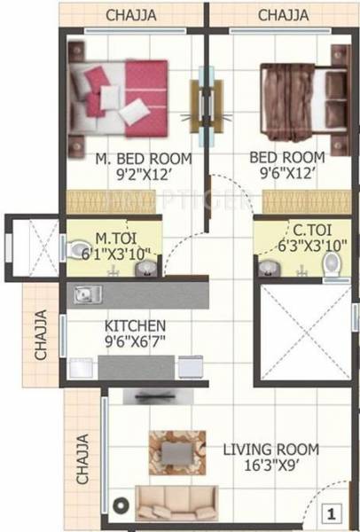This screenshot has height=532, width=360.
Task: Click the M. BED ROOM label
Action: (x=136, y=159)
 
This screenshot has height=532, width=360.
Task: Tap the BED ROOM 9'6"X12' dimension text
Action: (x=286, y=174)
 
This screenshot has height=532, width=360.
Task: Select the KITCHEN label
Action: (x=135, y=325)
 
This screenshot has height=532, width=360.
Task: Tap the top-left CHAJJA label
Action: (x=133, y=15)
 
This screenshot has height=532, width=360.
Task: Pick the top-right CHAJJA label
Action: (x=283, y=15)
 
